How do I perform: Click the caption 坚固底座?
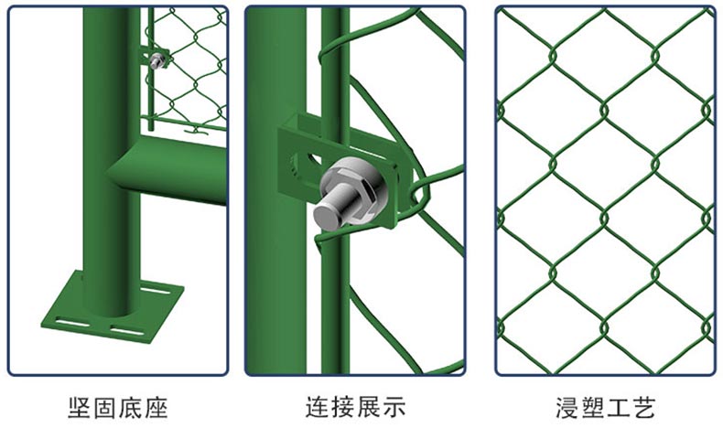117,407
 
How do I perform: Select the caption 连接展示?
355,407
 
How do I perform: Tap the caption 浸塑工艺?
605,407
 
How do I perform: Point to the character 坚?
80,407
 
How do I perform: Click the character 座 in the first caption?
156,407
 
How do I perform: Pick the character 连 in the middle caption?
318,407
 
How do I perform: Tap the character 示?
394,407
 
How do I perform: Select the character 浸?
567,407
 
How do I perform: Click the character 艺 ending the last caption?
643,407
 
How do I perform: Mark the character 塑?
592,407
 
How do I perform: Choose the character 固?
105,407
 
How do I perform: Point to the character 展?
369,407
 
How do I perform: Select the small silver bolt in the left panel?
157,60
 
